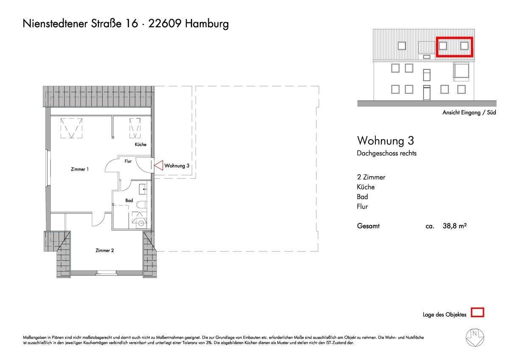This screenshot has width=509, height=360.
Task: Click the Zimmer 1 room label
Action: pos(80,169)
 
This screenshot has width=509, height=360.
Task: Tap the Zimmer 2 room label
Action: pos(104,250)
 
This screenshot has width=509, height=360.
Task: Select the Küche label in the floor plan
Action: pos(140,144)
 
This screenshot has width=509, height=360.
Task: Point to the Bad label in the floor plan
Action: pos(129,200)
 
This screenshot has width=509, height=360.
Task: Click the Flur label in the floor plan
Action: pos(128,161)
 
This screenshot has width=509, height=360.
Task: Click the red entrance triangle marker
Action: pos(158,166)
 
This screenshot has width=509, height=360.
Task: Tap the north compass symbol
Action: pos(475,337)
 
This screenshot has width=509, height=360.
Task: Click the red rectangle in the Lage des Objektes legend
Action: pos(478,313)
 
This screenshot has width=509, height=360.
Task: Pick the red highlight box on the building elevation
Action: pos(454,47)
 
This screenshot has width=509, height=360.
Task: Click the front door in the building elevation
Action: pos(427,92)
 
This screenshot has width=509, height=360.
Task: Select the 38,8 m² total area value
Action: pos(455,226)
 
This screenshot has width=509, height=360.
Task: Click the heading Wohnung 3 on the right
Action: pos(385,140)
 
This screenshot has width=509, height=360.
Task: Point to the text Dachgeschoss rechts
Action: pos(386,153)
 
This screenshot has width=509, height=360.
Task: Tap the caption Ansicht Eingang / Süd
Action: pos(469,112)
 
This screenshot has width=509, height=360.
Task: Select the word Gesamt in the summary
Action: pos(368,226)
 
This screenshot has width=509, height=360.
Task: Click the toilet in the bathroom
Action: pos(141,205)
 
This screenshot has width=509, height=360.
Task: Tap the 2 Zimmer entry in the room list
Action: pos(371,177)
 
